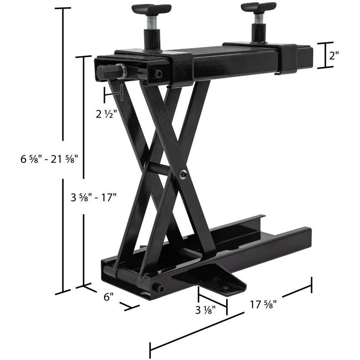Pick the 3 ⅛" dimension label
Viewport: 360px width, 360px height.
pos(205,309)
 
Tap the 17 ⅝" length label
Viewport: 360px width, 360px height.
pos(263,304)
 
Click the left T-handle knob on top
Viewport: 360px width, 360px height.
pos(151,8)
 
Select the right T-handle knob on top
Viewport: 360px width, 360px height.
pos(258,7)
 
